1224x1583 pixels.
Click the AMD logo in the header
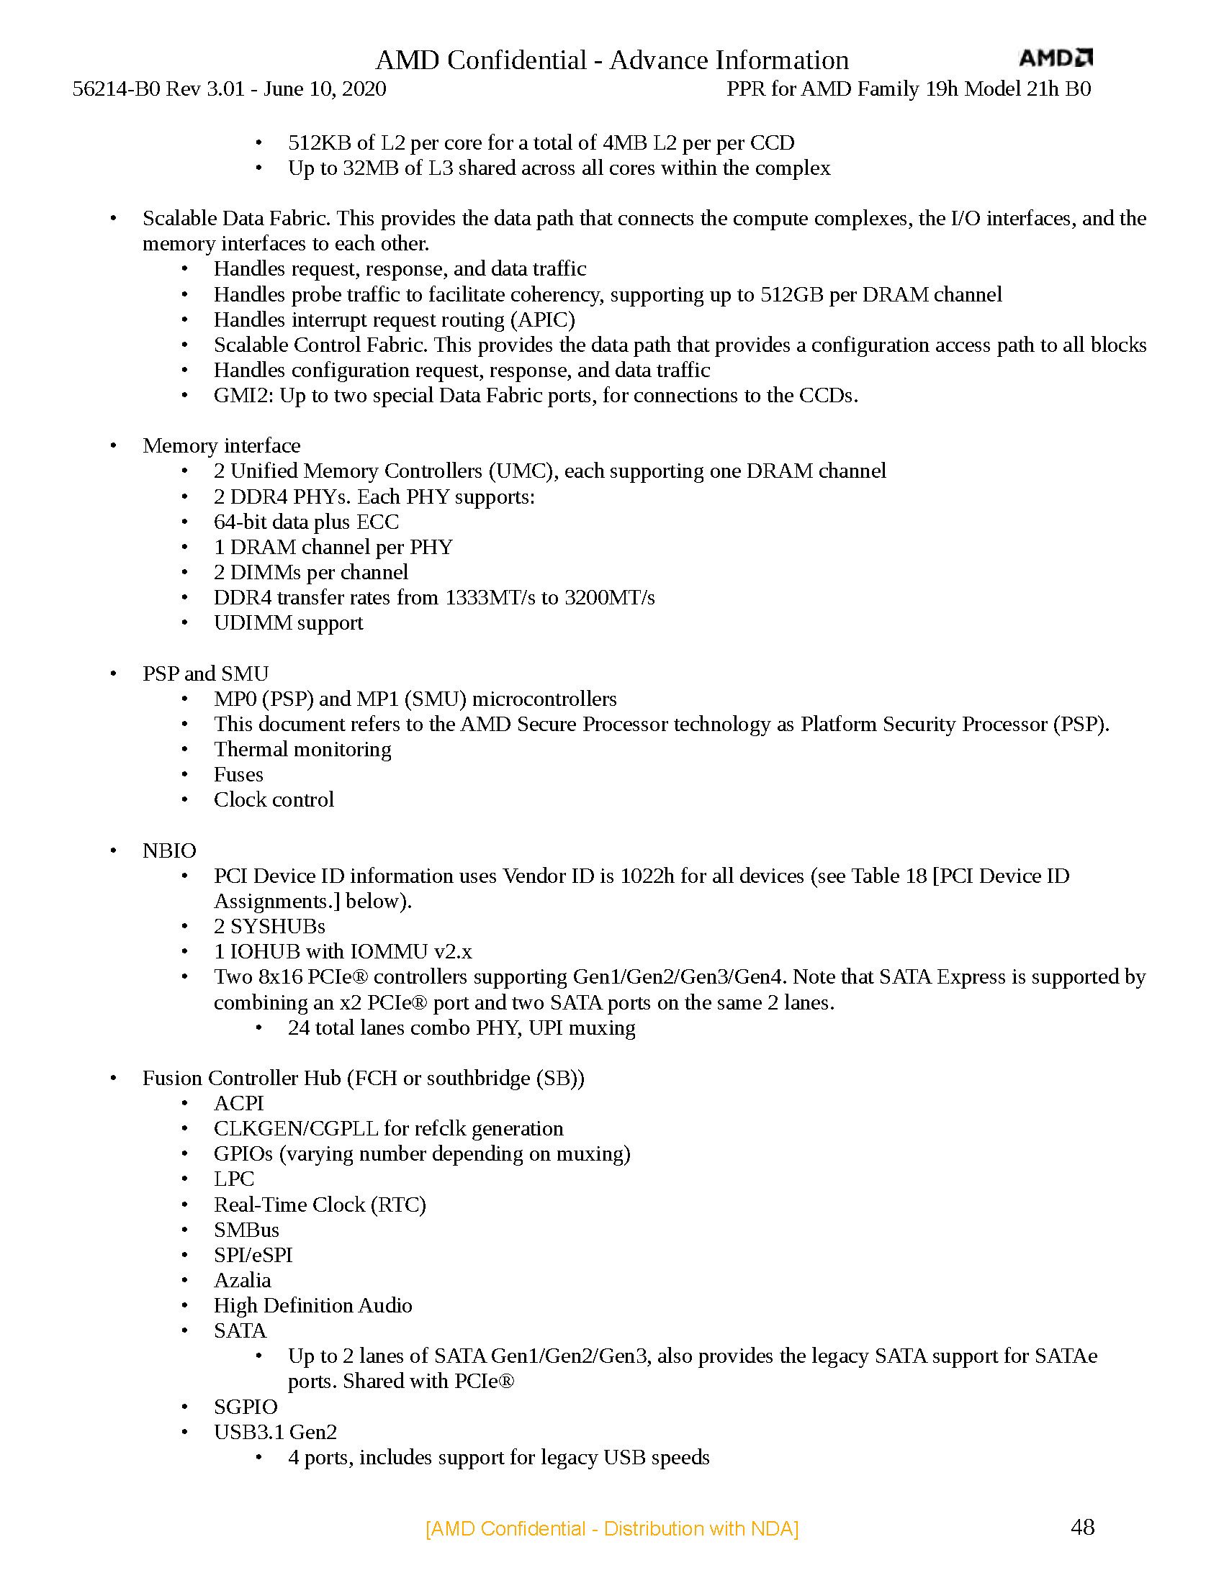click(x=1055, y=58)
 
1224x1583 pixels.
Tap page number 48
click(x=1082, y=1527)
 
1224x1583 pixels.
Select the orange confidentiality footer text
click(x=612, y=1528)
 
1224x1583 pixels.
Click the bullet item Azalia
click(x=242, y=1280)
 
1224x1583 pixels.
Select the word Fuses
click(x=238, y=774)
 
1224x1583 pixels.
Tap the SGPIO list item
click(x=245, y=1407)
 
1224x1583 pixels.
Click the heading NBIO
click(x=169, y=851)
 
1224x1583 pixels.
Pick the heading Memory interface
click(x=221, y=446)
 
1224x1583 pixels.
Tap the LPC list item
click(x=233, y=1179)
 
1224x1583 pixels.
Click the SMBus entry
click(x=246, y=1230)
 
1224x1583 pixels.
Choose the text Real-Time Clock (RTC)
click(x=320, y=1205)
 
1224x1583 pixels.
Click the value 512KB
click(x=319, y=142)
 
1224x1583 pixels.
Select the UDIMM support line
click(x=288, y=623)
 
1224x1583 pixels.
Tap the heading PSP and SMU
click(x=205, y=673)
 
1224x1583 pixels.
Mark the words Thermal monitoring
click(x=302, y=750)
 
